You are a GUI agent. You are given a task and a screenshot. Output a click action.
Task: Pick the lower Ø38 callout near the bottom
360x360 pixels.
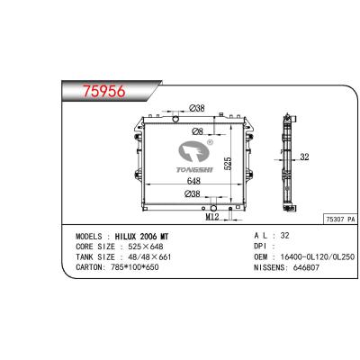(191, 194)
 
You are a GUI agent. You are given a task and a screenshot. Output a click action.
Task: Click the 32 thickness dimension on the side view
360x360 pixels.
(305, 157)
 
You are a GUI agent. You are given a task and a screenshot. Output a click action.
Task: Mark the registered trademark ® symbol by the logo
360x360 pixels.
(211, 140)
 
